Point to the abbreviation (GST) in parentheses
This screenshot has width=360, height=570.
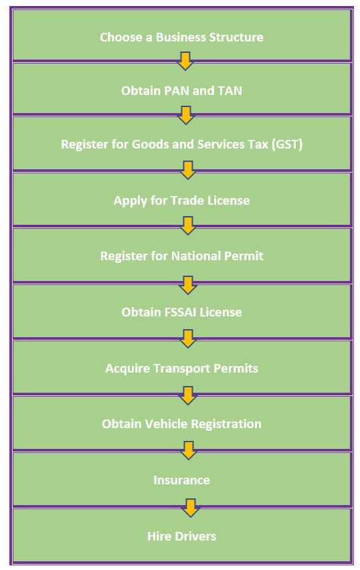pyautogui.click(x=287, y=145)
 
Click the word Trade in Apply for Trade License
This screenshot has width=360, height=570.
pyautogui.click(x=187, y=200)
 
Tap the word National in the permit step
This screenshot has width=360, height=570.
pyautogui.click(x=195, y=256)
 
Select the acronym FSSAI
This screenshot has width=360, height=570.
pyautogui.click(x=159, y=312)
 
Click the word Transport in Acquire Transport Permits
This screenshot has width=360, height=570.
pyautogui.click(x=181, y=368)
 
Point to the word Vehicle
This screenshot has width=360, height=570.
pyautogui.click(x=166, y=424)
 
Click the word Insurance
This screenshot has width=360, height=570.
pyautogui.click(x=182, y=480)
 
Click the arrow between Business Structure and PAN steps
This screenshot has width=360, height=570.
pyautogui.click(x=185, y=61)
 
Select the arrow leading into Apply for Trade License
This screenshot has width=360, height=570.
pyautogui.click(x=188, y=170)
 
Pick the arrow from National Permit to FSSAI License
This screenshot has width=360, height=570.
pyautogui.click(x=188, y=285)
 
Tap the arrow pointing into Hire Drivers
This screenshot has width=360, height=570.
pyautogui.click(x=190, y=508)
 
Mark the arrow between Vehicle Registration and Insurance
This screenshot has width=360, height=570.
pyautogui.click(x=189, y=450)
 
